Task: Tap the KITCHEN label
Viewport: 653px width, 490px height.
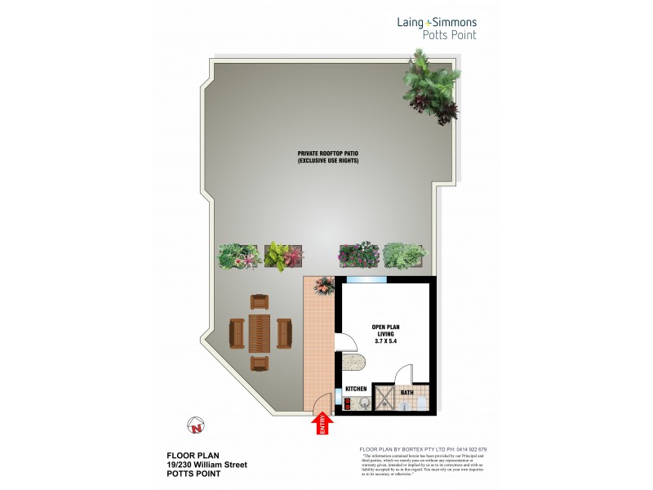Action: (355, 389)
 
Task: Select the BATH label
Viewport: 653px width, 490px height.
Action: (406, 393)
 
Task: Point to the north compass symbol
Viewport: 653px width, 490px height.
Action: (195, 425)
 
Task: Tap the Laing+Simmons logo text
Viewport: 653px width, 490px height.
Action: (438, 23)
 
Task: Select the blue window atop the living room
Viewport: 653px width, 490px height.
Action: (365, 280)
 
